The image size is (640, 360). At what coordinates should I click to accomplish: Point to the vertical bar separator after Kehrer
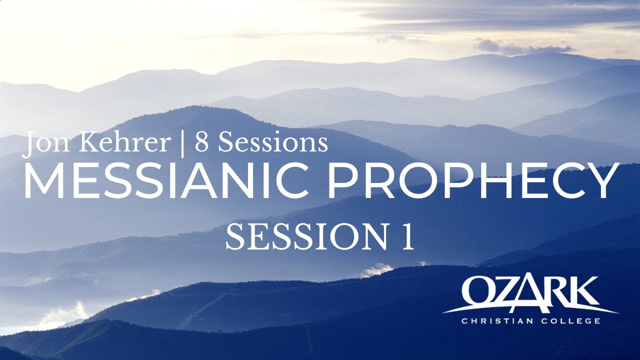(182, 144)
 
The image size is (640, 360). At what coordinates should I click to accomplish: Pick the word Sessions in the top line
(272, 143)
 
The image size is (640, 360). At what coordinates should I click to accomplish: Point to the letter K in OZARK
(582, 292)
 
